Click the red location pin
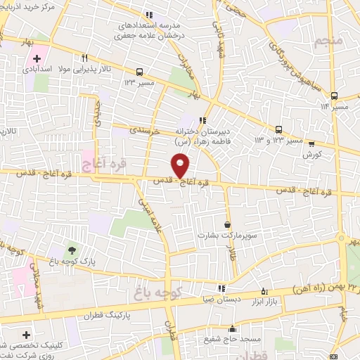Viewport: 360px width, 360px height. coord(181,166)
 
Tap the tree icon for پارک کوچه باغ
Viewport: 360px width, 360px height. coord(71,250)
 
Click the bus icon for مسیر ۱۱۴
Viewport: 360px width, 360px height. coord(333,96)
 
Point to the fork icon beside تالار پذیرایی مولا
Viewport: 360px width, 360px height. coord(85,58)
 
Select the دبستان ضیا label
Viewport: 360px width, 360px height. coord(221,298)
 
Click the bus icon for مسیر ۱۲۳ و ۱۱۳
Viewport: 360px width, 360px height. coord(279,129)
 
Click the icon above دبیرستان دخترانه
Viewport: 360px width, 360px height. coord(203,120)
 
